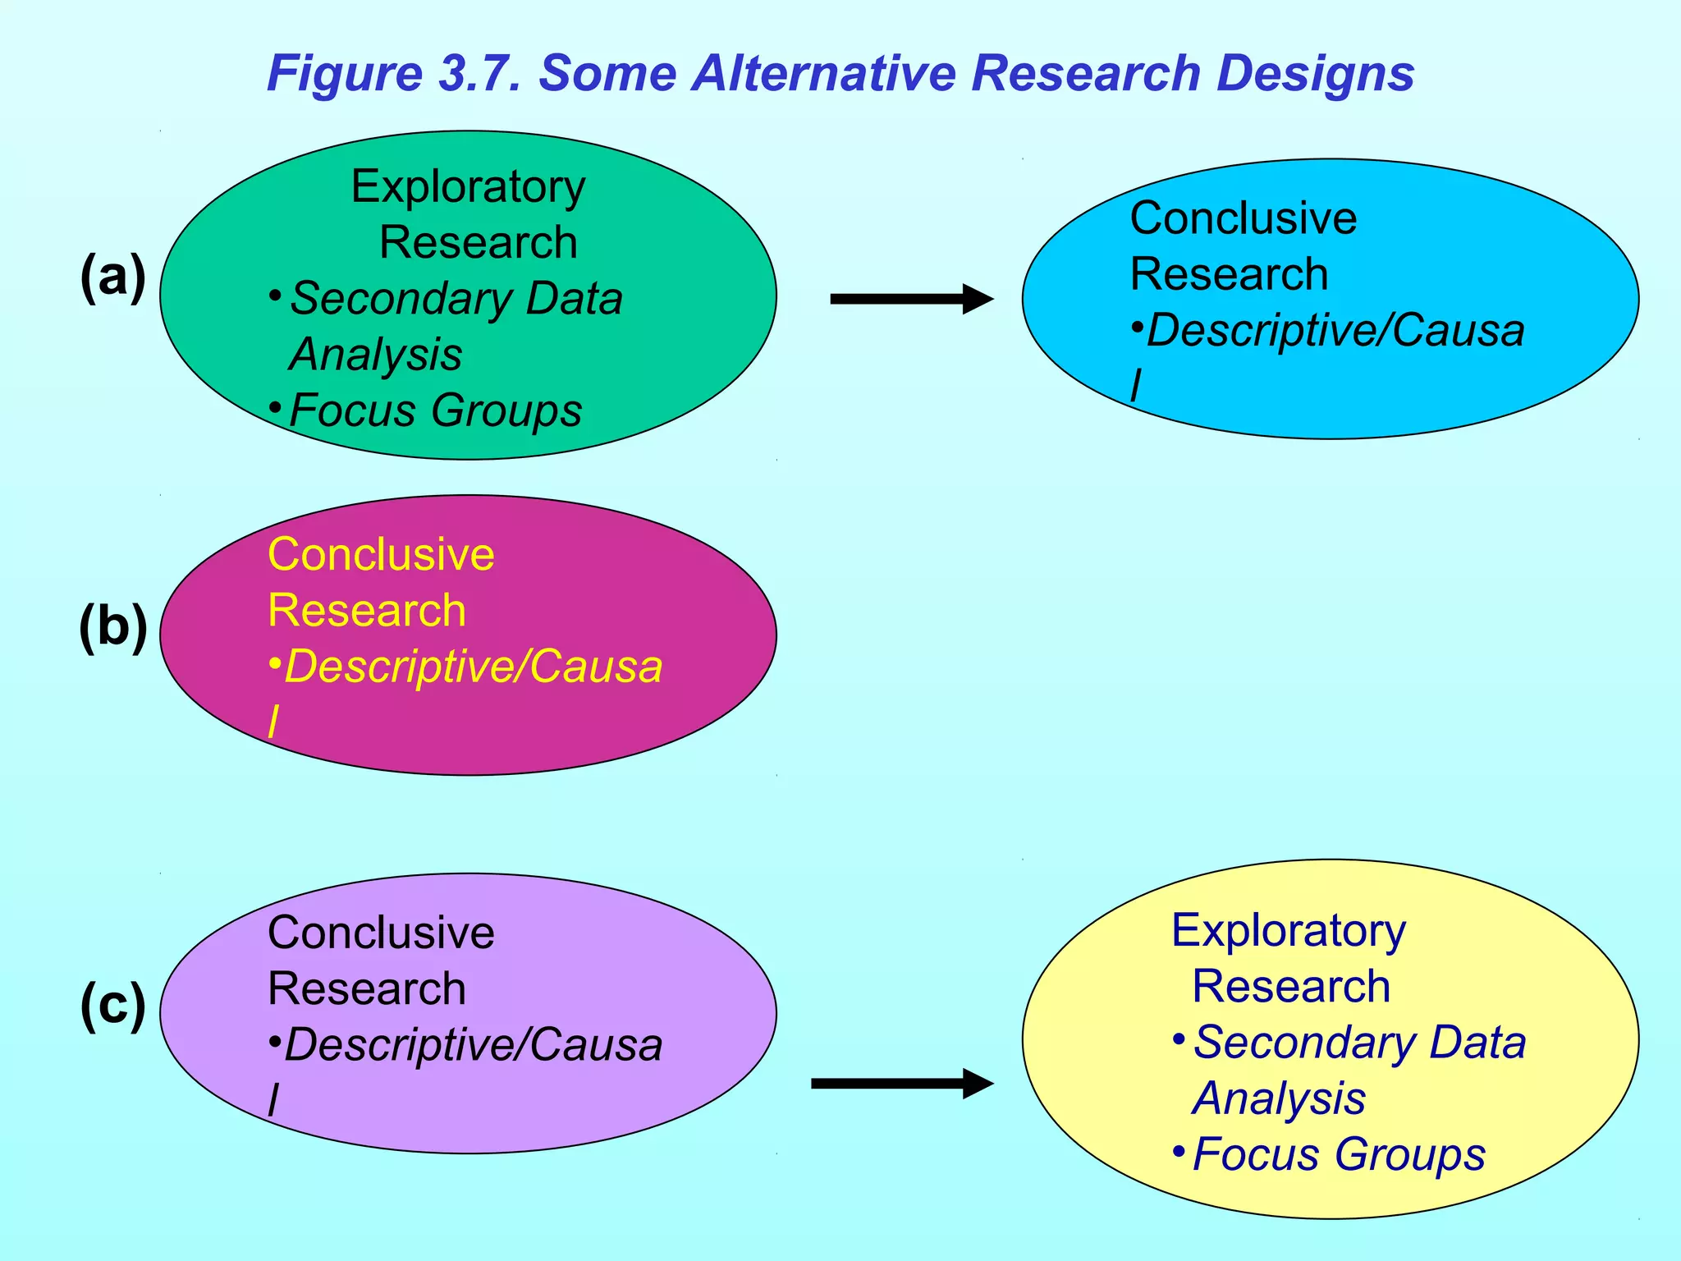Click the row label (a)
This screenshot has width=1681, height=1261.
[x=113, y=277]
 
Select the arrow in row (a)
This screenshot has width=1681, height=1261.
[x=911, y=299]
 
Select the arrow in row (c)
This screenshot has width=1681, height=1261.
[x=901, y=1084]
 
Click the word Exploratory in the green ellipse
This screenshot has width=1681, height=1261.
[x=468, y=188]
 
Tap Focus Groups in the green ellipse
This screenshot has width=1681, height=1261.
[x=435, y=410]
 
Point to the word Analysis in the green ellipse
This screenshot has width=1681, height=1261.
[x=376, y=355]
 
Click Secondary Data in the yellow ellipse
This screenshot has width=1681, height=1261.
[x=1359, y=1043]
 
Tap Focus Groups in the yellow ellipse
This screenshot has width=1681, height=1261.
[x=1338, y=1154]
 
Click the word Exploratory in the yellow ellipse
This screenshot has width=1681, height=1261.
[x=1288, y=931]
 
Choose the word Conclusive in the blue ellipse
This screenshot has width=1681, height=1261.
[x=1243, y=218]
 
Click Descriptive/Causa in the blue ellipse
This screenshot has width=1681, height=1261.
[x=1335, y=331]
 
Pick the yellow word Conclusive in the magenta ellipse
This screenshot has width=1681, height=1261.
[x=381, y=554]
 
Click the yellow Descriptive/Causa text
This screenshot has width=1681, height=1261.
[x=473, y=667]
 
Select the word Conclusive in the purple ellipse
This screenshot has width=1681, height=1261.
[x=381, y=933]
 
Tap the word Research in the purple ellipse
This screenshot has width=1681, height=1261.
[x=366, y=988]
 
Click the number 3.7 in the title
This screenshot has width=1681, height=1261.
[x=480, y=73]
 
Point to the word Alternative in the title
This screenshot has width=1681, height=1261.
[x=824, y=73]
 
